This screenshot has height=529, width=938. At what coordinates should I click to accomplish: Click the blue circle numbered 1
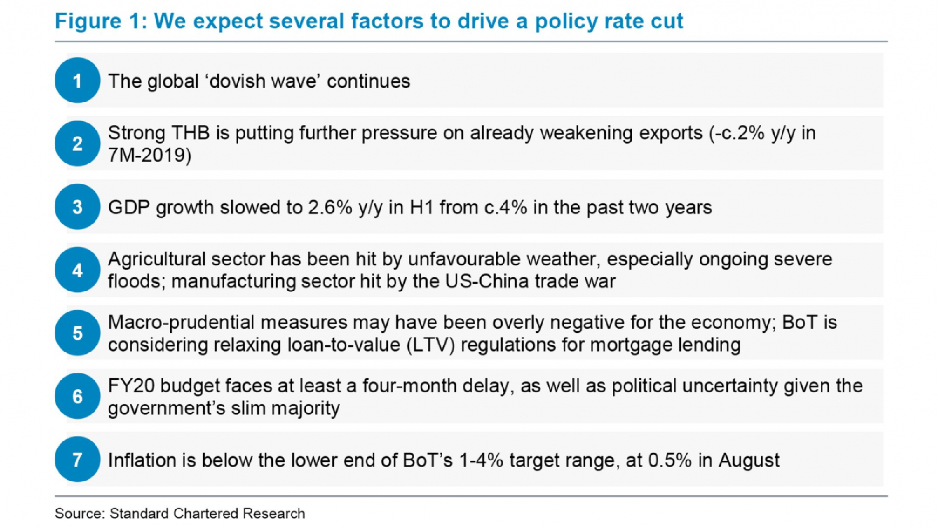[77, 81]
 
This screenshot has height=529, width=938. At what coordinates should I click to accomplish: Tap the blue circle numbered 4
[77, 270]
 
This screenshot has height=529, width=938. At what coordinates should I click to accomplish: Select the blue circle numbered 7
[77, 460]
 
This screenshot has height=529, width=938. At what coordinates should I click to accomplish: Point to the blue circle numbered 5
[77, 333]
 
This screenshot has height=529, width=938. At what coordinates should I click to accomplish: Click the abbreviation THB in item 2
[190, 133]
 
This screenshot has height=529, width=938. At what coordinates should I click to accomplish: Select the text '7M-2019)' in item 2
[150, 155]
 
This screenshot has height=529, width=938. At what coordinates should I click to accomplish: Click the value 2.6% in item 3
[330, 207]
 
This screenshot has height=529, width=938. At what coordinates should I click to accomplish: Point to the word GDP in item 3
[129, 207]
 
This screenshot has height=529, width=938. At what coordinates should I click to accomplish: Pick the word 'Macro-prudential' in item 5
[181, 323]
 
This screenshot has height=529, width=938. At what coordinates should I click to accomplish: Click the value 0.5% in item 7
[669, 461]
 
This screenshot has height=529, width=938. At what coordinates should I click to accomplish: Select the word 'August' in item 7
[749, 461]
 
